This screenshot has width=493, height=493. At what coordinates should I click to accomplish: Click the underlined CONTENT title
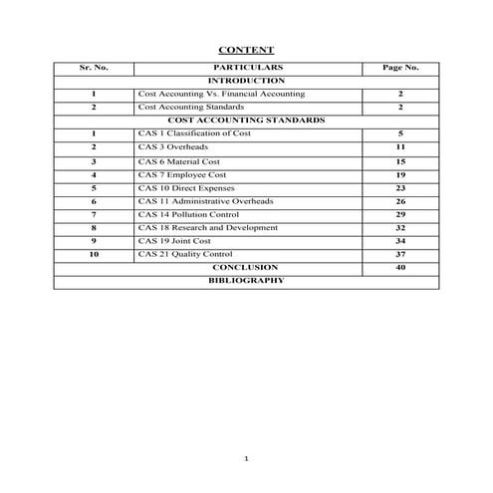click(246, 50)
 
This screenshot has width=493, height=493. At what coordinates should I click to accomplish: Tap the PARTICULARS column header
click(246, 67)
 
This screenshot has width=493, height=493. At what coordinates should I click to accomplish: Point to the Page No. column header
click(399, 67)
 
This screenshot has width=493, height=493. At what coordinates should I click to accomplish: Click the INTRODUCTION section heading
click(246, 80)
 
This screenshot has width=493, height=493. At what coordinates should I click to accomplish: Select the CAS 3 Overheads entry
click(173, 146)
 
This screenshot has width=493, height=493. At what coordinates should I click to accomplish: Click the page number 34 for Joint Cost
click(399, 241)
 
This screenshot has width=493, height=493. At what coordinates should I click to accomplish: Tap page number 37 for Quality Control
click(399, 255)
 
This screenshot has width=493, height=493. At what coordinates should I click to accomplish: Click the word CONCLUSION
click(246, 268)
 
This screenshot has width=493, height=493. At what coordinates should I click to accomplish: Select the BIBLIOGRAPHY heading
click(246, 281)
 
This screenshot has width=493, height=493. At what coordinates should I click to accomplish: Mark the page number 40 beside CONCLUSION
click(399, 268)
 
